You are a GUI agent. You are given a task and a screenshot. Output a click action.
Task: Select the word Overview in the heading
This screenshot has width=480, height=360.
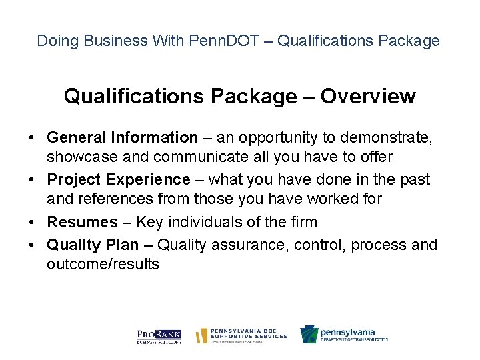(x=368, y=97)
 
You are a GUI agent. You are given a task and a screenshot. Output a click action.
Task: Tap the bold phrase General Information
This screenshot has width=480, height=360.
(x=122, y=138)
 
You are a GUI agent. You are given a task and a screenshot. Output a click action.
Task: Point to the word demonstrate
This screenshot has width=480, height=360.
(x=393, y=138)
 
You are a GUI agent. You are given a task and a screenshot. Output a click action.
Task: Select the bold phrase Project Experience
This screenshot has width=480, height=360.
(x=119, y=180)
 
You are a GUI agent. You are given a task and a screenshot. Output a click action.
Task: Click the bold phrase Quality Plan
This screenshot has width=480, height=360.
(x=93, y=245)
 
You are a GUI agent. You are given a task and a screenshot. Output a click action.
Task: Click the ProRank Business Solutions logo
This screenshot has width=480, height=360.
(x=159, y=336)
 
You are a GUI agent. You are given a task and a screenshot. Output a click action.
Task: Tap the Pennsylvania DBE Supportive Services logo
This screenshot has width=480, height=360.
(x=241, y=335)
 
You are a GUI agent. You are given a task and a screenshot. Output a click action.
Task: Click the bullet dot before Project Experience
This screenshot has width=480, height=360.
(x=31, y=181)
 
